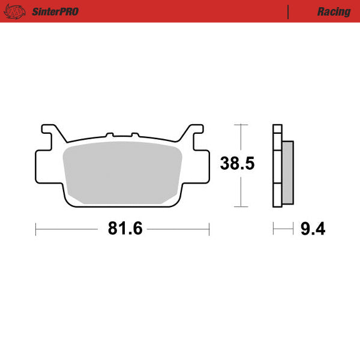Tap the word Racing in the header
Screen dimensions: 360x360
pyautogui.click(x=334, y=11)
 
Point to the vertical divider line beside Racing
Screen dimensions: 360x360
pyautogui.click(x=289, y=11)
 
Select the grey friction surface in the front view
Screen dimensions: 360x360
pyautogui.click(x=122, y=172)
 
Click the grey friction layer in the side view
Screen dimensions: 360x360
pyautogui.click(x=289, y=172)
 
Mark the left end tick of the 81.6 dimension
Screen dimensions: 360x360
pyautogui.click(x=37, y=229)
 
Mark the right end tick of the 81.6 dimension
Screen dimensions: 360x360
pyautogui.click(x=209, y=229)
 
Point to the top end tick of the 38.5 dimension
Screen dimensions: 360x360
pyautogui.click(x=241, y=125)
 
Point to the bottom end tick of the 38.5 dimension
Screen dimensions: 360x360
pyautogui.click(x=241, y=206)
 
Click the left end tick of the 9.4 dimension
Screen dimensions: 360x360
pyautogui.click(x=274, y=229)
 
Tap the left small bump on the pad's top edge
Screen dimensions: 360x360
pyautogui.click(x=109, y=135)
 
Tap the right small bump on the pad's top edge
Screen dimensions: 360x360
pyautogui.click(x=135, y=135)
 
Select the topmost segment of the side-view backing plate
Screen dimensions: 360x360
pyautogui.click(x=277, y=128)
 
